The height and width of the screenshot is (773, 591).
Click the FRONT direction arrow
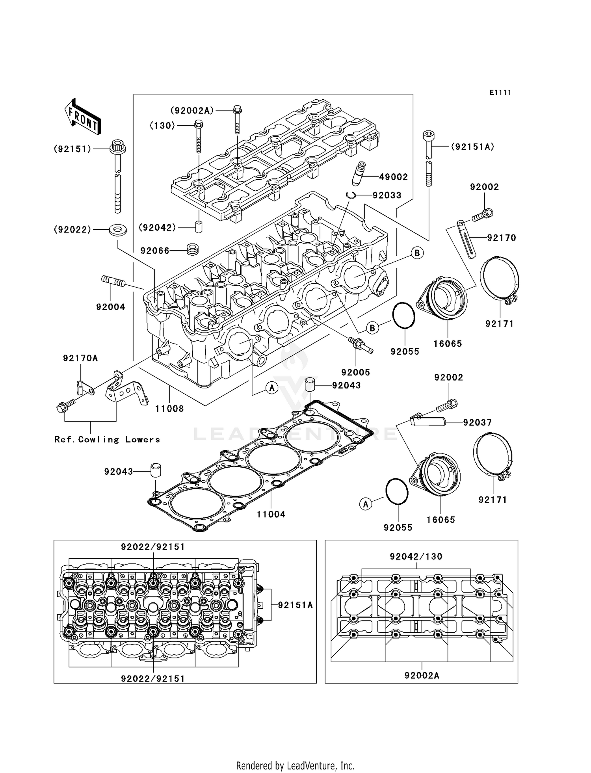[82, 117]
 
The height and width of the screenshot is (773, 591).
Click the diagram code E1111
[500, 93]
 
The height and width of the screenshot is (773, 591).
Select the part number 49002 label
[393, 177]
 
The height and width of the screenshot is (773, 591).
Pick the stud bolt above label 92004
[113, 281]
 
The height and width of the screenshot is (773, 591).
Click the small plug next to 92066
[192, 249]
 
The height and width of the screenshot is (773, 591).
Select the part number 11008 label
[169, 409]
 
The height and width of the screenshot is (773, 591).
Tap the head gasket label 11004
[271, 514]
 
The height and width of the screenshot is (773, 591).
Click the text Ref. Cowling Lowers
[107, 440]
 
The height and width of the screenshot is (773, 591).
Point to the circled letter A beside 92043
[271, 388]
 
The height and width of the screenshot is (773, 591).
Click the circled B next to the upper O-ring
[372, 327]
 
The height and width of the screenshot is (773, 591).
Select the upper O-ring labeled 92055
[404, 316]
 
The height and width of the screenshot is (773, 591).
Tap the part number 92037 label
[477, 423]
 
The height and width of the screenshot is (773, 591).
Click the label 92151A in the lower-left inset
[295, 605]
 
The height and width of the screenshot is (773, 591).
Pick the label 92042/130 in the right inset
[416, 557]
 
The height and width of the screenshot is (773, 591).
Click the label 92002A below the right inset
[422, 676]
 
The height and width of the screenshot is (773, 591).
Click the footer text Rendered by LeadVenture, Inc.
[295, 766]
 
